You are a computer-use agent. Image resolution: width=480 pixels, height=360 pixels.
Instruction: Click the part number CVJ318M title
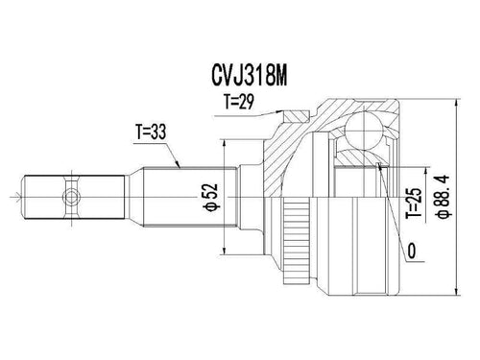(249, 77)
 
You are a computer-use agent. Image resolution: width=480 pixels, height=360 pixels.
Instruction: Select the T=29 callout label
(239, 102)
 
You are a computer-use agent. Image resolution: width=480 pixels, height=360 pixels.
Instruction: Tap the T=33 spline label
(151, 132)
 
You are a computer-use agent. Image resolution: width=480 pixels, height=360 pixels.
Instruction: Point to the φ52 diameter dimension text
(211, 197)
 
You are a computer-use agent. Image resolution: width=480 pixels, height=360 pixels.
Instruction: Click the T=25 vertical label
(414, 203)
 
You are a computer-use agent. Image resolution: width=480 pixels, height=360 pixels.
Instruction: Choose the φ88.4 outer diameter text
(444, 197)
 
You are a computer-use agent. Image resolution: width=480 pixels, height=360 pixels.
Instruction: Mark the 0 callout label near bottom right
(412, 251)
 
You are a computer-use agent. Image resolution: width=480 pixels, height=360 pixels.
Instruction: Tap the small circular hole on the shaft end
(71, 197)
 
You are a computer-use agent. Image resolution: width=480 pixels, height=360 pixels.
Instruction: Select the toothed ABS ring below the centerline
(297, 241)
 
